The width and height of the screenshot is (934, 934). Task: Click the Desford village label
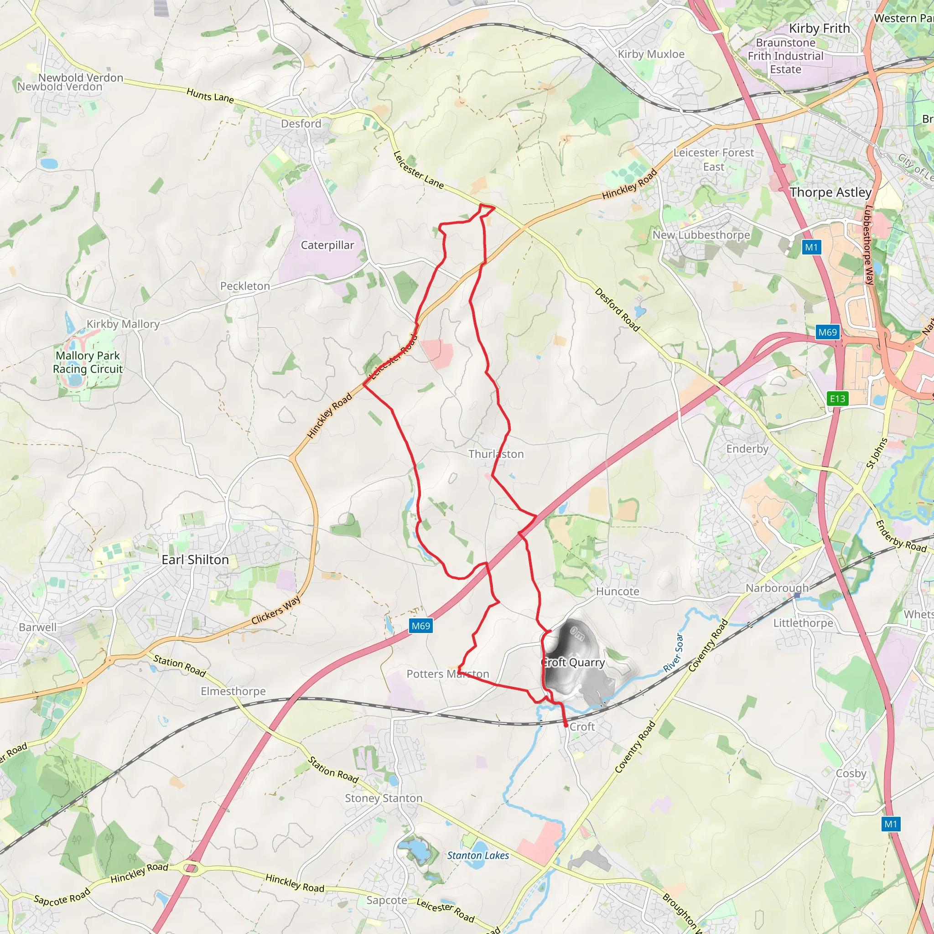click(301, 124)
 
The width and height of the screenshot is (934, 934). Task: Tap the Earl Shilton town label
click(195, 560)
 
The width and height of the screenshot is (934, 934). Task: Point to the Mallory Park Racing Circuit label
click(88, 362)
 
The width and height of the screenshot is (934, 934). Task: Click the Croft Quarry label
click(573, 662)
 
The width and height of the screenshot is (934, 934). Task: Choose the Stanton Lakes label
click(477, 855)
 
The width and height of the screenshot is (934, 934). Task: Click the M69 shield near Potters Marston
click(420, 626)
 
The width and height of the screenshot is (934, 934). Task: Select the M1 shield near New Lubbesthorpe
click(811, 248)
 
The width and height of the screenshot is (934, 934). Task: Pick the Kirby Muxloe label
click(651, 54)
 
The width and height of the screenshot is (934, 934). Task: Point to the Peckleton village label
click(245, 286)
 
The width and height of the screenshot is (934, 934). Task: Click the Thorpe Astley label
click(830, 192)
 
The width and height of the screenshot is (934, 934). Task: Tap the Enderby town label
click(747, 449)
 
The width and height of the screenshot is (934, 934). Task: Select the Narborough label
click(777, 588)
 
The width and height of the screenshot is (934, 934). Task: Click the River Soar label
click(674, 652)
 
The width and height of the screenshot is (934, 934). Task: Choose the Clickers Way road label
click(276, 611)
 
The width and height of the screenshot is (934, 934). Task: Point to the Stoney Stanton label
click(384, 798)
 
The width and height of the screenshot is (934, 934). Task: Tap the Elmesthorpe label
click(233, 691)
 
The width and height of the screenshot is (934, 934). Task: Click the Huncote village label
click(617, 591)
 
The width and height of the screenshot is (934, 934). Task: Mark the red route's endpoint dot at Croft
click(566, 725)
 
